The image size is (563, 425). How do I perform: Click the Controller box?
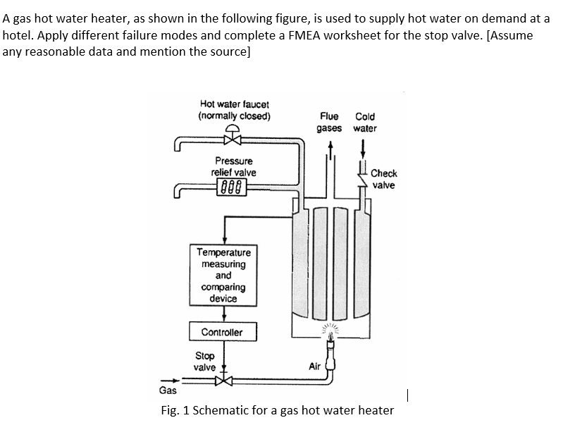[x=223, y=332]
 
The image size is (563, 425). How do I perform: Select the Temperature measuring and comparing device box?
[x=223, y=276]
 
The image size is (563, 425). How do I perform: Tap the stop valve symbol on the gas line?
[x=223, y=381]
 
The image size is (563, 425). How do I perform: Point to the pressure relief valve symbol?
[x=233, y=187]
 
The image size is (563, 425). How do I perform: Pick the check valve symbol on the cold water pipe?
[x=364, y=179]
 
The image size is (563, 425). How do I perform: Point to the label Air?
[x=314, y=367]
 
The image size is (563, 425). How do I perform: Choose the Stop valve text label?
[x=205, y=362]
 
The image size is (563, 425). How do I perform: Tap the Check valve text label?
[x=384, y=179]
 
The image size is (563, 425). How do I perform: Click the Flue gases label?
[x=329, y=122]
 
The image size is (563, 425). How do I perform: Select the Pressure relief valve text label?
[x=234, y=166]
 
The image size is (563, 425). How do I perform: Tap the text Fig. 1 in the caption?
[x=175, y=410]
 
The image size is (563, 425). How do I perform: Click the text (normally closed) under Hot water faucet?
[x=234, y=116]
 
